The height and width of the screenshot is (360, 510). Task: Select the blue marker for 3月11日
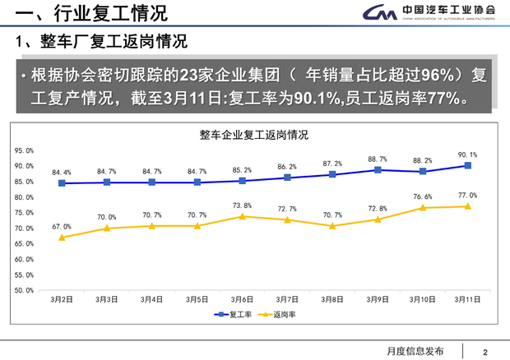467,165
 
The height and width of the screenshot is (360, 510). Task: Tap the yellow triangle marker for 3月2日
62,237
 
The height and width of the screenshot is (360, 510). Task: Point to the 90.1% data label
467,154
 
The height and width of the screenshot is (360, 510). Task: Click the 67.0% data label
62,226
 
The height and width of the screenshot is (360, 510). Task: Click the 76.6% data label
423,196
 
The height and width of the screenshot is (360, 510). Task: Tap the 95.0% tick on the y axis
24,150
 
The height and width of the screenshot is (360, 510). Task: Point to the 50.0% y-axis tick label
24,290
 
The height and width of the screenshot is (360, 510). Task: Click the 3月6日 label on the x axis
242,300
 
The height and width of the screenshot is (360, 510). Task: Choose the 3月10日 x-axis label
422,300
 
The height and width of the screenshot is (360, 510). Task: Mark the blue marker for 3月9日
378,170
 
